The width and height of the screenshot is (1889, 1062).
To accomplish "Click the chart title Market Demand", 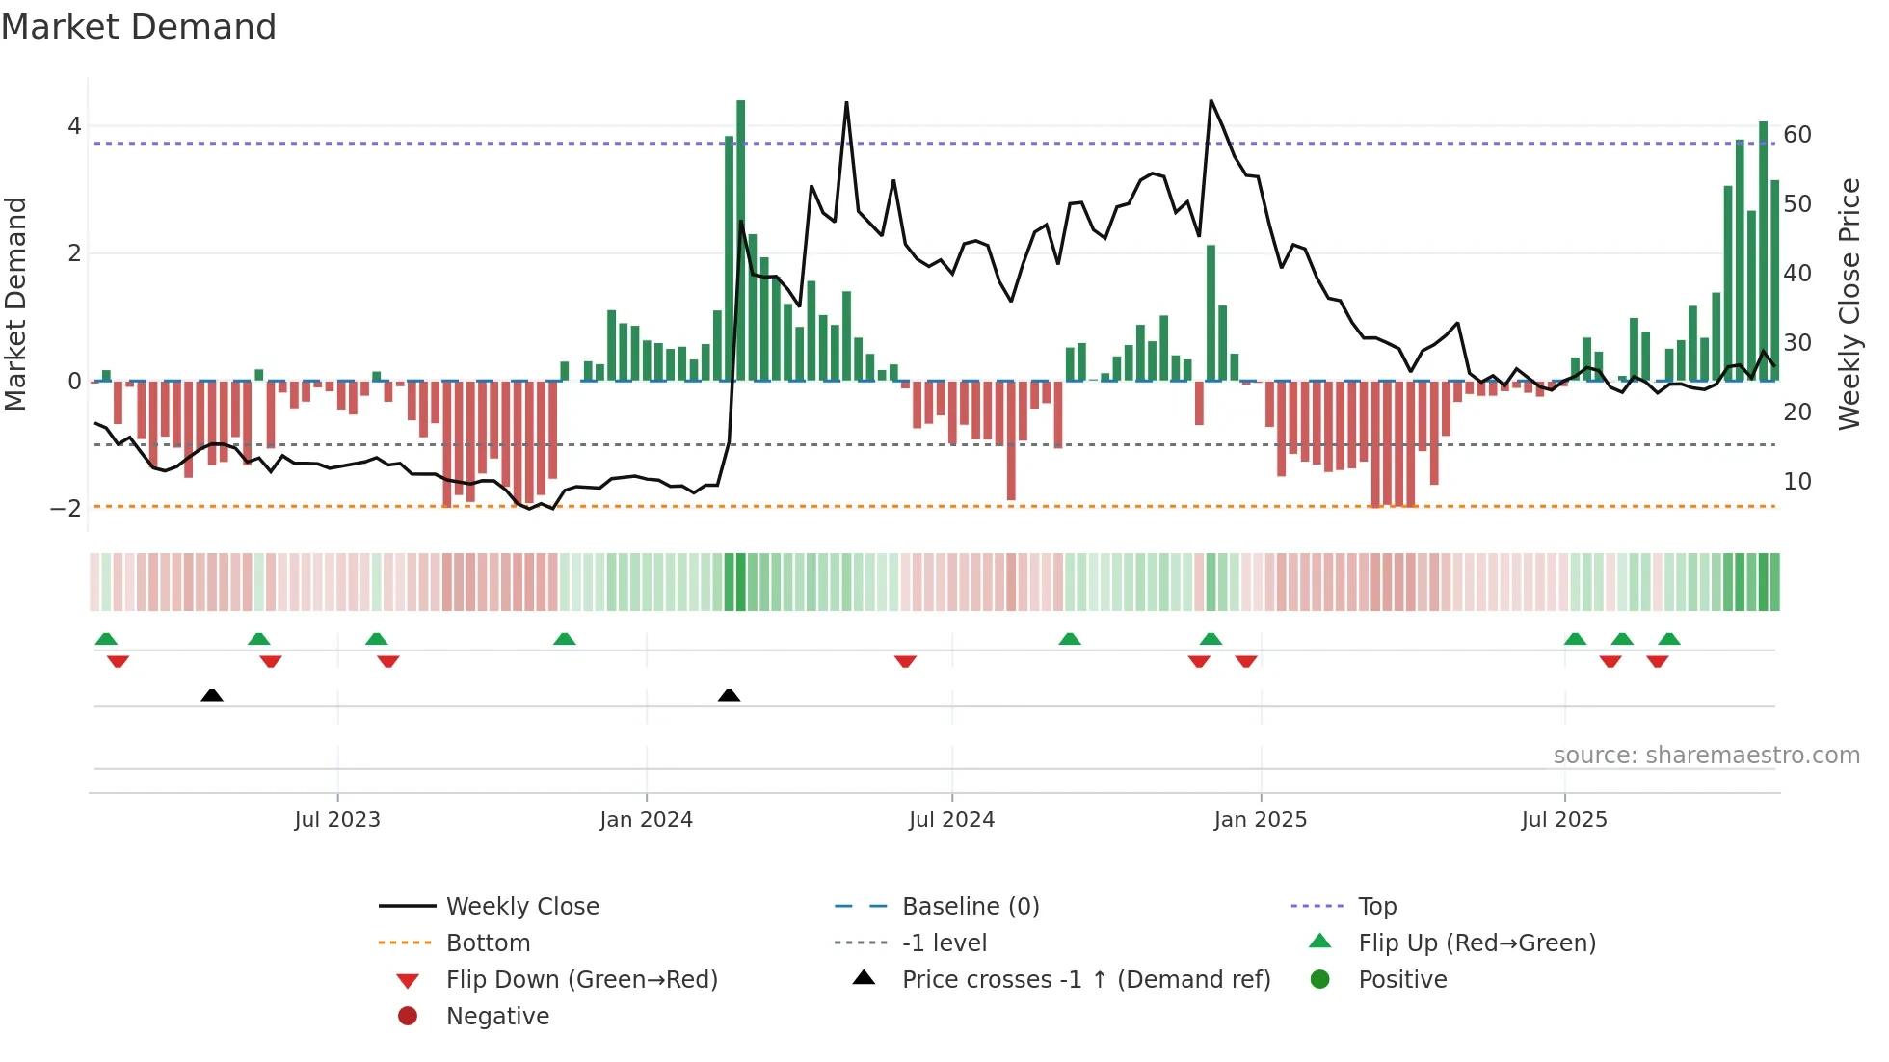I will click(139, 27).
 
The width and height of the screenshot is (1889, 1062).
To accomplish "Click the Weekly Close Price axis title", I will click(1849, 304).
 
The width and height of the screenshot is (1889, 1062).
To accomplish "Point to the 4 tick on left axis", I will click(74, 126).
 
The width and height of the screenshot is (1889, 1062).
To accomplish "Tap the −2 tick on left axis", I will click(67, 508).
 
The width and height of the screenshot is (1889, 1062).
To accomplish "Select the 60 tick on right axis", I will click(1796, 134).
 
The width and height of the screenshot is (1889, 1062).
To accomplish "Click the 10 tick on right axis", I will click(1796, 481).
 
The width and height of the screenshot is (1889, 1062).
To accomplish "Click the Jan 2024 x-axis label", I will click(646, 820).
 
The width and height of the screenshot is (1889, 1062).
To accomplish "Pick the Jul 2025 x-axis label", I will click(1564, 820).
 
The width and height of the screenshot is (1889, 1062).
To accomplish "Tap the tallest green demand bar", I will click(740, 241).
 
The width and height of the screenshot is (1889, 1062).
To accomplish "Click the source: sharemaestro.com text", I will click(1706, 755).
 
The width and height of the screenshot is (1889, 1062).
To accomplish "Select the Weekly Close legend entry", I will click(521, 906).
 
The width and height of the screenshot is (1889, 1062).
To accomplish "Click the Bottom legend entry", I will click(488, 943).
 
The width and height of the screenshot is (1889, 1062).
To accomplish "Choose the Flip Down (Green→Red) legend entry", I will click(581, 979).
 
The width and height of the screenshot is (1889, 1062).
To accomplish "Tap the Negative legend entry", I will click(497, 1016).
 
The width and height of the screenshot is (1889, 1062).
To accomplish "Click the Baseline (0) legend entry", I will click(970, 906).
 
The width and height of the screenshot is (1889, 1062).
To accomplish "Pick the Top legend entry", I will click(1376, 906).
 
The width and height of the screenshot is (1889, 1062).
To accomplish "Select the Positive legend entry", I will click(1402, 979).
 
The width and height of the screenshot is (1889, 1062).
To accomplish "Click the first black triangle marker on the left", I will click(212, 695).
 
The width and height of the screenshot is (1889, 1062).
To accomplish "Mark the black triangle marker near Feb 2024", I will click(729, 695).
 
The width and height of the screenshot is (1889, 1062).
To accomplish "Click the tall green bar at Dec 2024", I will click(1211, 313).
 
